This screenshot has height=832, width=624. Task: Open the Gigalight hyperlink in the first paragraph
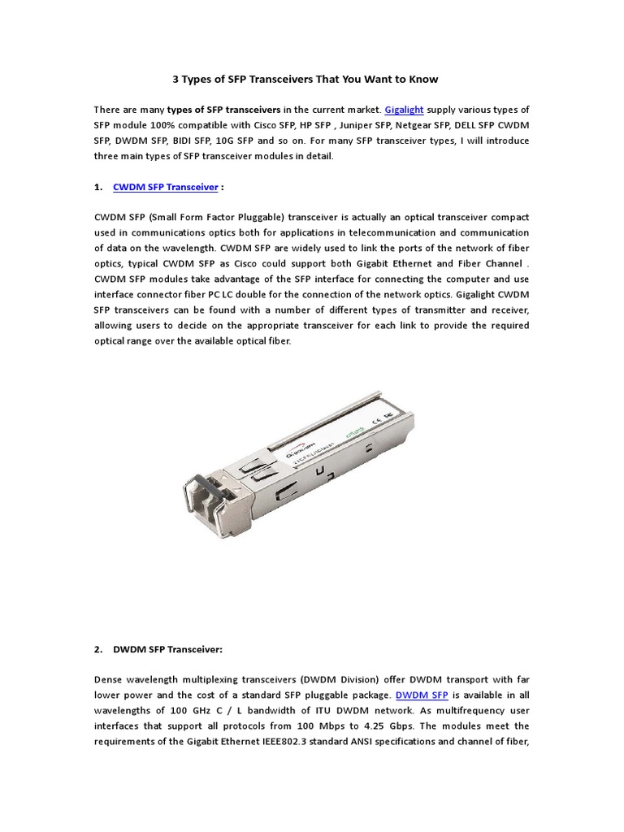404,109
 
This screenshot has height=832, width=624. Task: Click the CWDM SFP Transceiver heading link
166,187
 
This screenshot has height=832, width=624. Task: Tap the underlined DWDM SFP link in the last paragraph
422,695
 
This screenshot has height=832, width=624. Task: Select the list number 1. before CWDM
98,187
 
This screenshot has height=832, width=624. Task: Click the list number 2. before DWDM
98,650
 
